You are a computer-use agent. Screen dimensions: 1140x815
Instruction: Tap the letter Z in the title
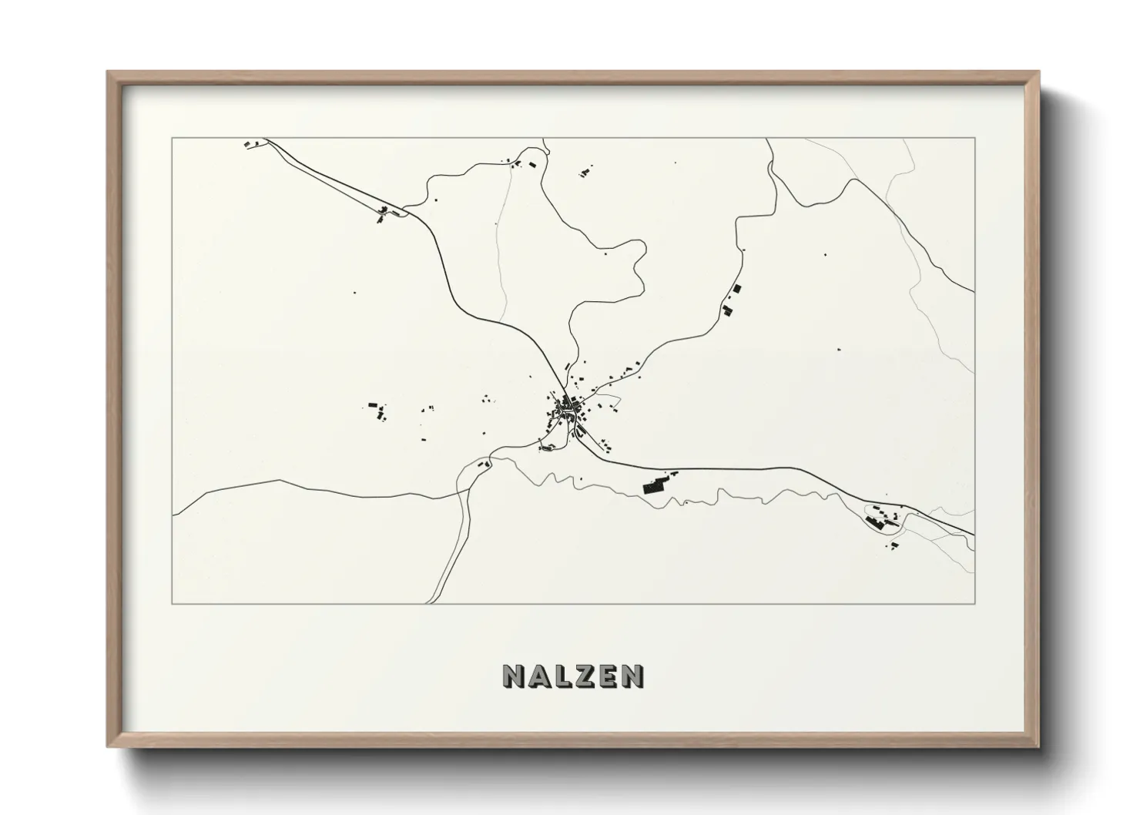583,676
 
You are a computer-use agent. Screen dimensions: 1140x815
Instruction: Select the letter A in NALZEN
538,676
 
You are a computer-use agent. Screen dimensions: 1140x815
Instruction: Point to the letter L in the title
561,676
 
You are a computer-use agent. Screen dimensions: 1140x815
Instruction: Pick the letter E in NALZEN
607,676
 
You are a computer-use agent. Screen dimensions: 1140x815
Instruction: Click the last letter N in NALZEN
632,676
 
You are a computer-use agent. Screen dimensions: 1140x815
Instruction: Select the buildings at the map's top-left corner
250,143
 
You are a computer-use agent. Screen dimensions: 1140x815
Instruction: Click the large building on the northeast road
736,289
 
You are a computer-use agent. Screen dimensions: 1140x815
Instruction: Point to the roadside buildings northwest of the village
381,214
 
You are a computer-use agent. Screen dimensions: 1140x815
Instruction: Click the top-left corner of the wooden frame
109,72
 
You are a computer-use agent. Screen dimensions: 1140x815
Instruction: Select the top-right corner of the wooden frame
1038,72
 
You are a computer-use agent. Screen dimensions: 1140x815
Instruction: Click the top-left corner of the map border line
172,138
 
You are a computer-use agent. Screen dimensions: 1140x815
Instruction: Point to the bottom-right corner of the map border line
974,604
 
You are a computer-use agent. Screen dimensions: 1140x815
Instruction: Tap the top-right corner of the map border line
974,138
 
